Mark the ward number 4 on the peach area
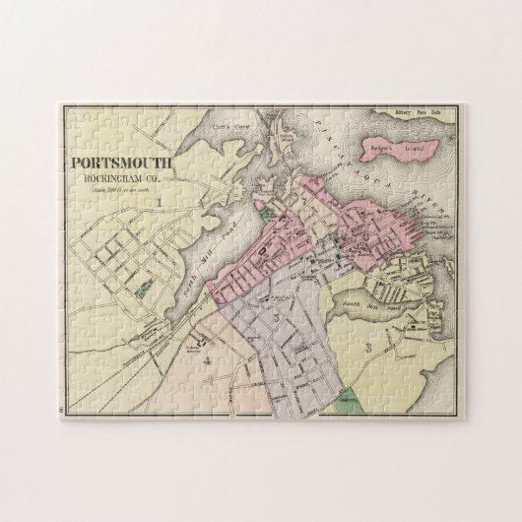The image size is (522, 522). pyautogui.click(x=207, y=359)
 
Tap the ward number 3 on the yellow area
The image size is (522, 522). pyautogui.click(x=366, y=347)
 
